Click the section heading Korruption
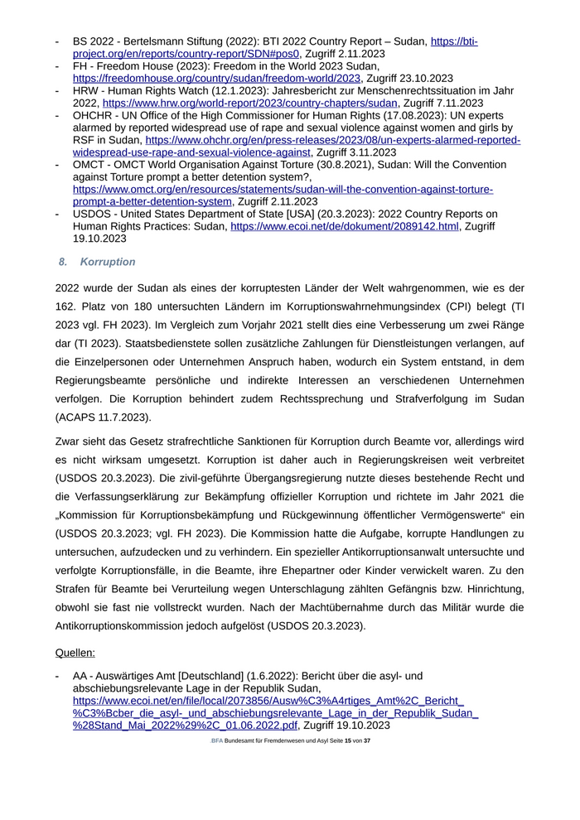coord(108,262)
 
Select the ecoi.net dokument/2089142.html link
coord(344,225)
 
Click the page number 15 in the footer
coord(348,740)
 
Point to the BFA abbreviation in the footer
coord(216,740)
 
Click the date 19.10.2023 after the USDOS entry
coord(99,238)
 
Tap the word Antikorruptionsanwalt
coord(360,552)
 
